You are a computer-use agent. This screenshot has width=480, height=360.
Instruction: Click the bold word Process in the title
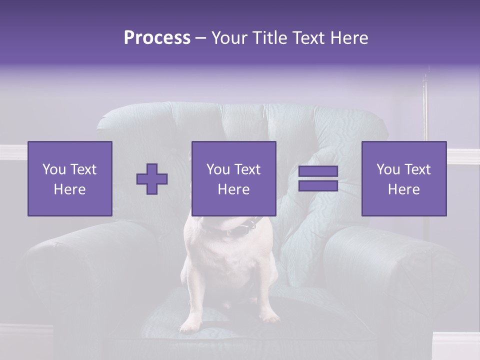(157, 38)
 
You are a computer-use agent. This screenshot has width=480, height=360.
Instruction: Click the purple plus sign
(152, 179)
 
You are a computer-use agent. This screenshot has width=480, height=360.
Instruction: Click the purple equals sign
(318, 178)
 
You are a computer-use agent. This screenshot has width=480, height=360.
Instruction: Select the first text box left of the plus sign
(70, 178)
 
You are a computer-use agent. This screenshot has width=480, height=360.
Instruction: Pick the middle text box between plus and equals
(233, 178)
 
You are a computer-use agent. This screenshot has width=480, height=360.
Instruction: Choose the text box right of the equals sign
(403, 178)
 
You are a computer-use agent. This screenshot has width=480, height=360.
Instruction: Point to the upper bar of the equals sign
(318, 171)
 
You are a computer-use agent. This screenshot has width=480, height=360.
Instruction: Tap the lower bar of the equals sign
(318, 185)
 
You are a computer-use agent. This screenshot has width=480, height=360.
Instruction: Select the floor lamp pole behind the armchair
(426, 110)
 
